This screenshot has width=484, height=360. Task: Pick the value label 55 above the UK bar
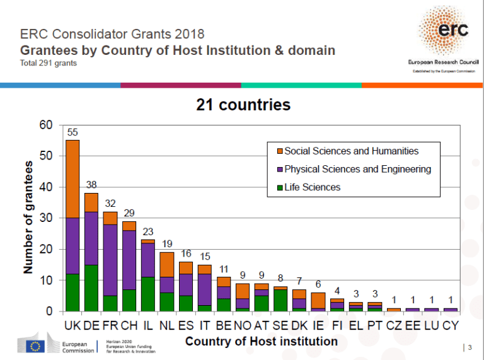point(72,132)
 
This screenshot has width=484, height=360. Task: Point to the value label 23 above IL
point(148,232)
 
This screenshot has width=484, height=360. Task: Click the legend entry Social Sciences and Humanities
point(351,151)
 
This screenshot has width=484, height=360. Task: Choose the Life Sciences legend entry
point(312,187)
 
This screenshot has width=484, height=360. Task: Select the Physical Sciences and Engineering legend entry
point(357,169)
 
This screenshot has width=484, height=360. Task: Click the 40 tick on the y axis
point(46,187)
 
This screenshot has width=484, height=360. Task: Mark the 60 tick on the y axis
point(46,125)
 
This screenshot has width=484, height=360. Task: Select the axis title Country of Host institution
point(261,341)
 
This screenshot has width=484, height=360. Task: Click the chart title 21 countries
point(243,105)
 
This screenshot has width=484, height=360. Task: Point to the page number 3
point(469,347)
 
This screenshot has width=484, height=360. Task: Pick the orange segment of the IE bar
point(318,301)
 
